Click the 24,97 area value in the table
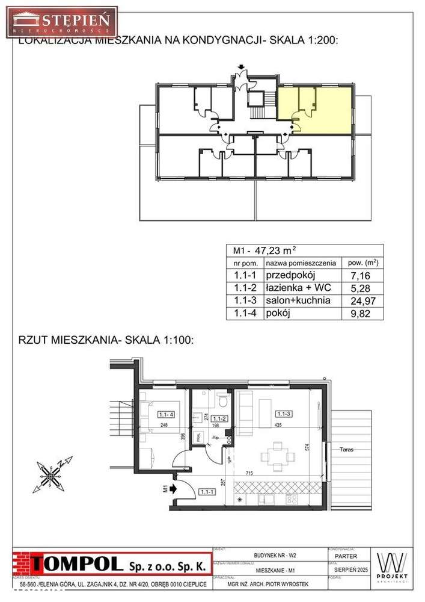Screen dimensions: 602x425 [x=358, y=301]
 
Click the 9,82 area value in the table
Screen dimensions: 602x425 [x=358, y=314]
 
